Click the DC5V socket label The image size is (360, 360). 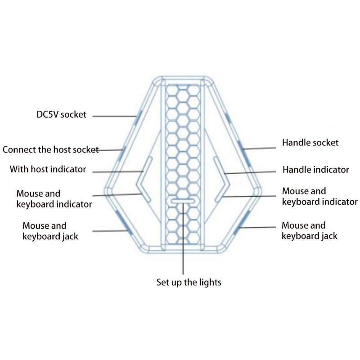62,115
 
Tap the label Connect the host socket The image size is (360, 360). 50,150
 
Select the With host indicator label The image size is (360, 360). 48,169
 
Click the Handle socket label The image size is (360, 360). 310,143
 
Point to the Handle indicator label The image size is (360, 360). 316,170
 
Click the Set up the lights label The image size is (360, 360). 189,282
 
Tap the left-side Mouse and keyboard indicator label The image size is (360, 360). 54,199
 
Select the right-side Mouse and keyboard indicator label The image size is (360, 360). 320,197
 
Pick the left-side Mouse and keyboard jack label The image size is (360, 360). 50,231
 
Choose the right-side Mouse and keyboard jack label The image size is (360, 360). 310,230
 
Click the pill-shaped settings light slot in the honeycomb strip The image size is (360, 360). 183,201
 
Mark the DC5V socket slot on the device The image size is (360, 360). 139,117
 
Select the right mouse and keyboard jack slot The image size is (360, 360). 242,222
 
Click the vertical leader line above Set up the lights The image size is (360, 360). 183,238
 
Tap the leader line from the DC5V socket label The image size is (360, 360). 114,117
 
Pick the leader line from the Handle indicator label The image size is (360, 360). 250,172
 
